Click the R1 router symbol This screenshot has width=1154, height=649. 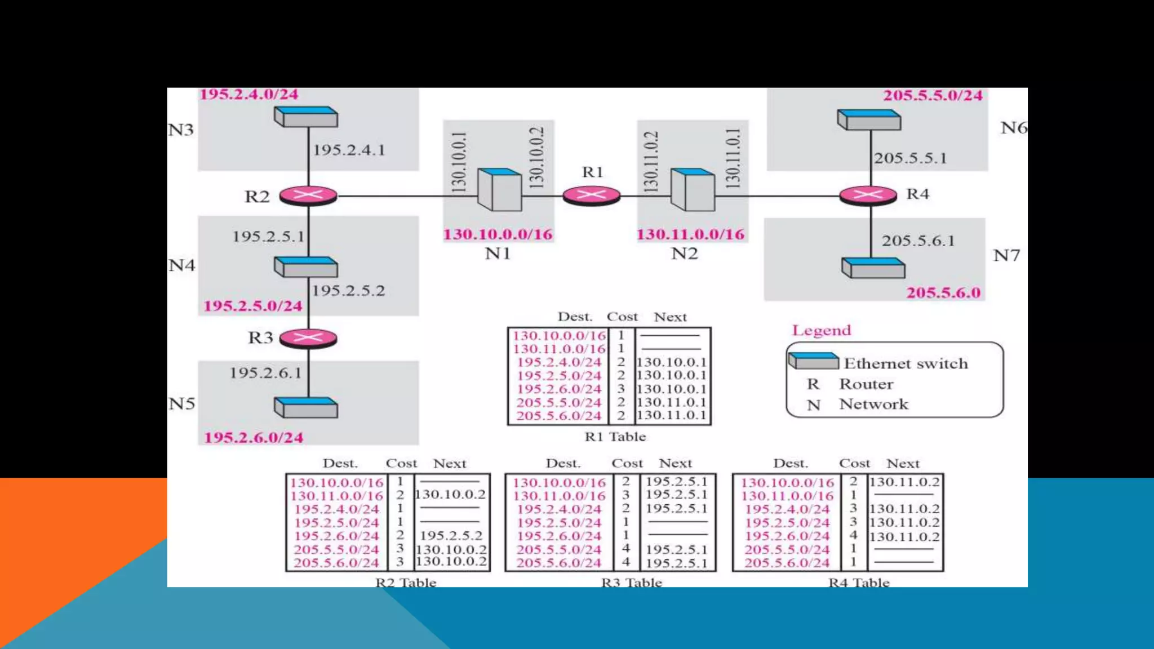click(x=591, y=196)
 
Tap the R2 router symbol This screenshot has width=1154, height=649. click(x=308, y=196)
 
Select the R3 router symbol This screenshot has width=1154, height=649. click(x=308, y=338)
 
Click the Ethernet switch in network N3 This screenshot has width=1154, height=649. click(x=306, y=117)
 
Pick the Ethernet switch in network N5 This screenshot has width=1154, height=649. click(x=306, y=407)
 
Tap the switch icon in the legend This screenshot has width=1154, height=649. click(x=813, y=361)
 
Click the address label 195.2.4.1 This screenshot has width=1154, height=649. click(x=349, y=150)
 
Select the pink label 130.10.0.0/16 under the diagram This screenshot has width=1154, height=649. click(x=498, y=234)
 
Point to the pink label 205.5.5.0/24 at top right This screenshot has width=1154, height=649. click(x=933, y=95)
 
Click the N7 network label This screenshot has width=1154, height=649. click(x=1006, y=255)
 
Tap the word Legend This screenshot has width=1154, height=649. click(x=821, y=330)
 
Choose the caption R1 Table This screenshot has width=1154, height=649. click(x=615, y=437)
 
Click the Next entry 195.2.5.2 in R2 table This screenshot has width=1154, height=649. click(x=451, y=535)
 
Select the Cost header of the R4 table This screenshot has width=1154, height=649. click(x=854, y=463)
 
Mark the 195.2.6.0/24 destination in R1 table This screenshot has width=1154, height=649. click(x=559, y=389)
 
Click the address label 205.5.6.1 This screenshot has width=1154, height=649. click(x=918, y=241)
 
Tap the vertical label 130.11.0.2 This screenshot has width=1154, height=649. click(x=651, y=162)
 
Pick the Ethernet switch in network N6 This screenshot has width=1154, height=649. click(x=869, y=120)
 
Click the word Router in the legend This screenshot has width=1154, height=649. click(x=866, y=384)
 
